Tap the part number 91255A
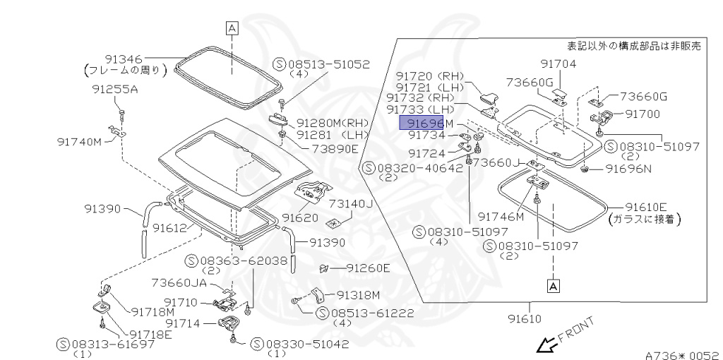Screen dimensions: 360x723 [x=115, y=90]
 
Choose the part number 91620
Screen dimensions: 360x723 [x=300, y=217]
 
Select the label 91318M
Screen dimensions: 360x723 [x=358, y=294]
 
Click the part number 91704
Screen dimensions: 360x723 [x=559, y=64]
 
